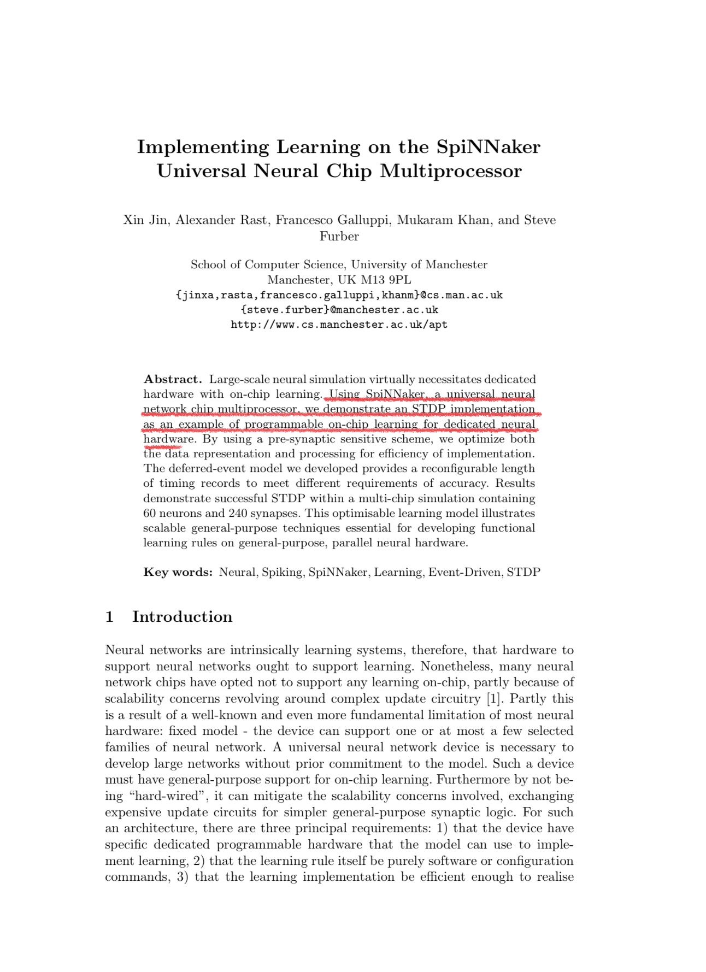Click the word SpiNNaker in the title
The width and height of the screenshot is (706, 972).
click(488, 147)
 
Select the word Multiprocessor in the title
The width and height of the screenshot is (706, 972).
click(451, 171)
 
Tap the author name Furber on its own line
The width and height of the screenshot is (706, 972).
click(339, 236)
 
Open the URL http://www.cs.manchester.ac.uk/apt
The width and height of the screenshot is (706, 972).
click(339, 325)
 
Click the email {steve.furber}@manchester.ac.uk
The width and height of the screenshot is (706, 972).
click(339, 310)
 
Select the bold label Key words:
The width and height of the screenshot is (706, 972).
click(178, 572)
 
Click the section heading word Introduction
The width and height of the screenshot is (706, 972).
click(182, 617)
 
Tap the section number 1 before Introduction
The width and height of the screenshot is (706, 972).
click(109, 617)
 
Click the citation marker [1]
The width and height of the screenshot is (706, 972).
click(494, 698)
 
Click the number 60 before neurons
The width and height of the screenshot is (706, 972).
click(150, 513)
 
